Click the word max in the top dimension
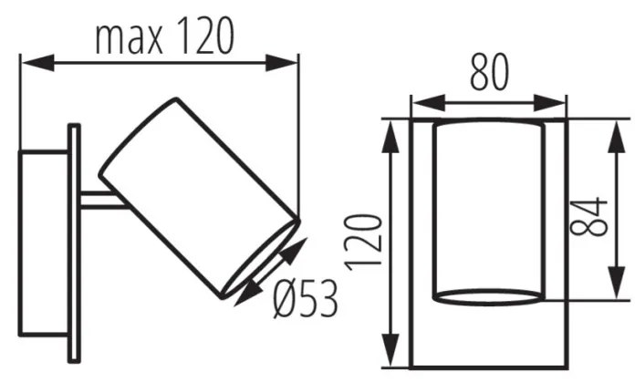(x=130, y=39)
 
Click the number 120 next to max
(x=205, y=36)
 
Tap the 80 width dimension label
(x=489, y=72)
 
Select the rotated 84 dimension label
(x=588, y=216)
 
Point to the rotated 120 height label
(x=363, y=242)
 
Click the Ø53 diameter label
(x=306, y=299)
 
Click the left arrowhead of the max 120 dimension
(x=37, y=63)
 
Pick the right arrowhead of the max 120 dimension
(x=281, y=63)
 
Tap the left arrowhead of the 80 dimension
(x=428, y=103)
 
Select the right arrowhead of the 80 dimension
(x=549, y=103)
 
